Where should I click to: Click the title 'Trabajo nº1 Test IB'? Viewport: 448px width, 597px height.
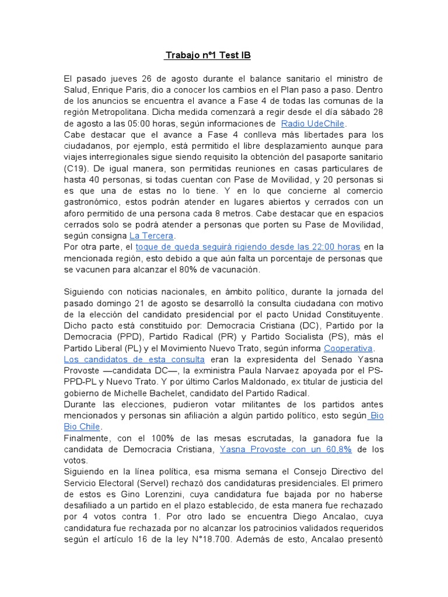208,55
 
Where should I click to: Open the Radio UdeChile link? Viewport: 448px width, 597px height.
313,124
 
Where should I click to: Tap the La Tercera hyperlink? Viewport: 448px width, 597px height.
152,236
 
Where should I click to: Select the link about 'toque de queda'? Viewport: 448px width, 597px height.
248,247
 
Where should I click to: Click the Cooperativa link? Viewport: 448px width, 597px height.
348,348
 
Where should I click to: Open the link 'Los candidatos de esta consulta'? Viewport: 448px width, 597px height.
134,359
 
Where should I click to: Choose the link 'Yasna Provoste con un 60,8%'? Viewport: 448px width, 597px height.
285,449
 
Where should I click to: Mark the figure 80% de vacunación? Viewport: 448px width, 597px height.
217,270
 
